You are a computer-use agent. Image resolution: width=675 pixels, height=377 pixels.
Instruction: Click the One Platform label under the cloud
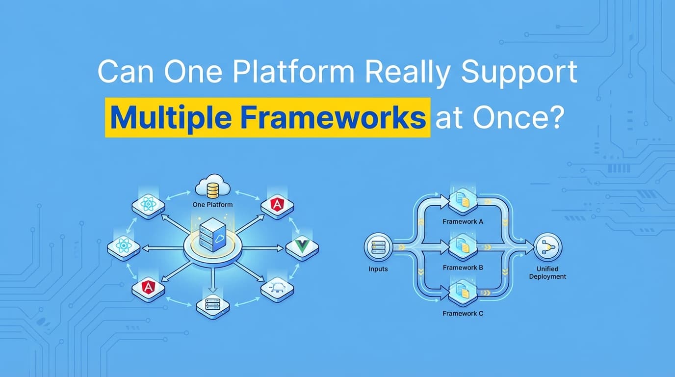[x=213, y=204]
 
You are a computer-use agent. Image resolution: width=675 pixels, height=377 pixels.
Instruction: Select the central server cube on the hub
[x=212, y=235]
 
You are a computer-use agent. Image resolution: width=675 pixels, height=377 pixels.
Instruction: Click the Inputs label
[x=378, y=269]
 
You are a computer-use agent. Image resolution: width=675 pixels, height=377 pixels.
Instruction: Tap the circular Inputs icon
[x=378, y=247]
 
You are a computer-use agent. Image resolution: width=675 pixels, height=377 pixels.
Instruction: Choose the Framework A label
[x=463, y=221]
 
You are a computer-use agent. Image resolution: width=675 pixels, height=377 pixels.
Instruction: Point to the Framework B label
[x=463, y=268]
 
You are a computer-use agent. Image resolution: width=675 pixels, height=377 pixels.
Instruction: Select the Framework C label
[x=463, y=313]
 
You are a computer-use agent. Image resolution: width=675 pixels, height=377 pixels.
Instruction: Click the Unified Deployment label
[x=551, y=273]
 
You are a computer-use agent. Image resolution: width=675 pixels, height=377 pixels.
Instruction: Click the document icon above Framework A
[x=463, y=200]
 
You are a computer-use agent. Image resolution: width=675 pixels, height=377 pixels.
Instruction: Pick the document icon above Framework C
[x=463, y=292]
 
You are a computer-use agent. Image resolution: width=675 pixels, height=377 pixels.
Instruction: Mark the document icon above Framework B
[x=463, y=245]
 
